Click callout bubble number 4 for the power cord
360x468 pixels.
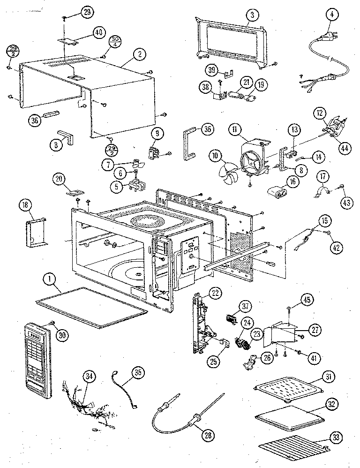click(332, 15)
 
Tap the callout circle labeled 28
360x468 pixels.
click(207, 435)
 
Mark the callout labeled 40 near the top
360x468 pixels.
click(98, 33)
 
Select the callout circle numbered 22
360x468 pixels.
click(215, 293)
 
